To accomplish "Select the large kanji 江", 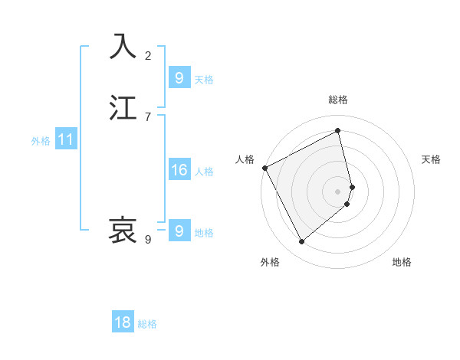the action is pos(123,108).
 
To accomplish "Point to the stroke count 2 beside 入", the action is pos(148,56).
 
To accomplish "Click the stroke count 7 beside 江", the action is pos(148,117).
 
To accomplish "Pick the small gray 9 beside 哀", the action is pos(148,240).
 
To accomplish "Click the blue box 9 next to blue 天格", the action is pos(179,78).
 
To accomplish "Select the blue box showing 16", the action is pos(179,170).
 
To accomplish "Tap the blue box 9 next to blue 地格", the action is pos(179,231).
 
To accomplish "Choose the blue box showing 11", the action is pos(66,140).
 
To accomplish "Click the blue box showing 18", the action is pos(123,322).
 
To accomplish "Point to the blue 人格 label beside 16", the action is pos(204,172).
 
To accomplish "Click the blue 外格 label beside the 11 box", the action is pos(41,141).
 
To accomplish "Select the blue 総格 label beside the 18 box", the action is pos(147,324).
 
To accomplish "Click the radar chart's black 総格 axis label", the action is pos(338,100).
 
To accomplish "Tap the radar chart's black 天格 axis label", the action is pos(431,159).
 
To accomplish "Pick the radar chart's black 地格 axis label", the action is pos(402,262).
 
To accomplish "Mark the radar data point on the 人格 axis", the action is pos(264,168).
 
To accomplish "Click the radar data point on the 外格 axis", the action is pos(301,242).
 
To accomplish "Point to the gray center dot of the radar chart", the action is pos(338,191).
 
